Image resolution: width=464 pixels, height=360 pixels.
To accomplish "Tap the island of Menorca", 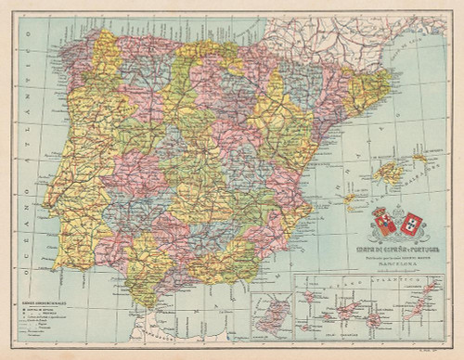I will [419, 158].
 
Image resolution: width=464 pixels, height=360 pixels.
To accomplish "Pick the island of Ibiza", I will [350, 198].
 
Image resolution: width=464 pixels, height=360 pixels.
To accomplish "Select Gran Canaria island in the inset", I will [374, 320].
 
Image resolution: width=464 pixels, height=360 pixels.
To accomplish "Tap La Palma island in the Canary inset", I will [308, 297].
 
